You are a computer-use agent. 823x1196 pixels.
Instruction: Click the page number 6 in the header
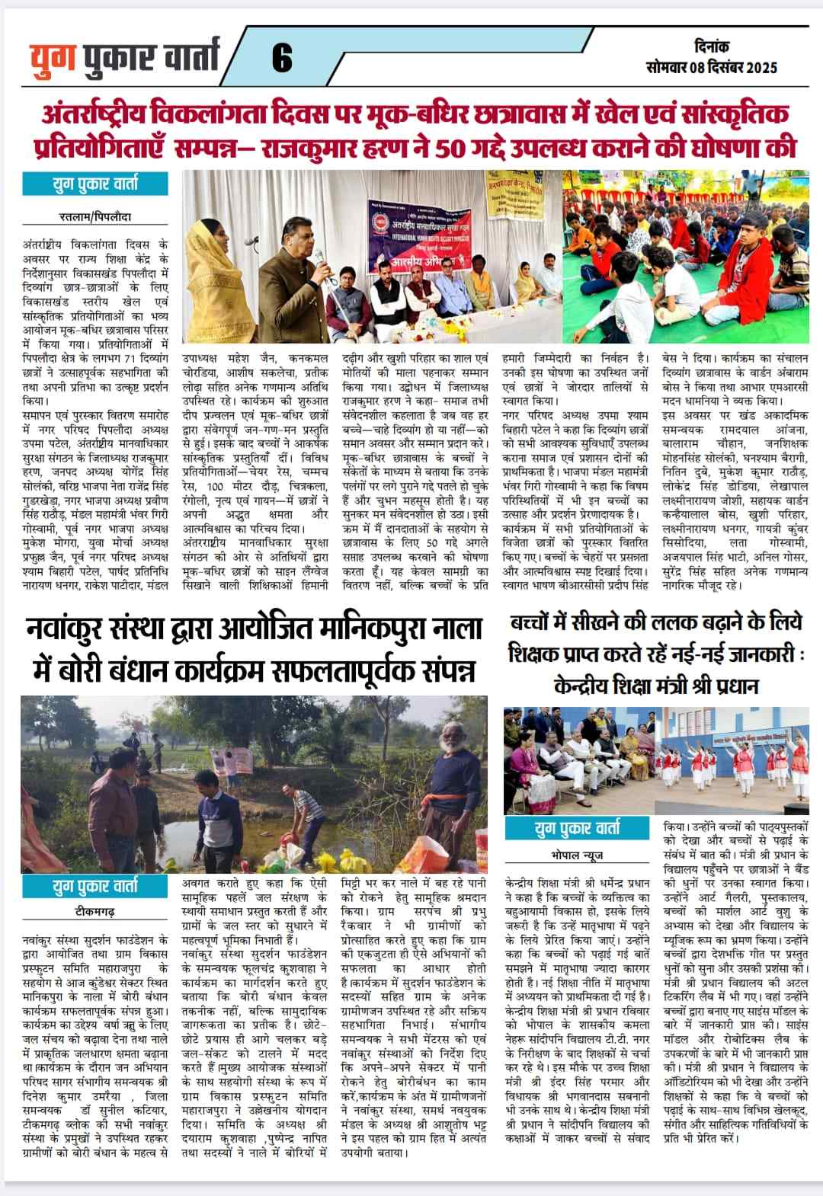[281, 58]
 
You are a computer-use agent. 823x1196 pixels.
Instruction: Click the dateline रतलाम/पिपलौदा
[95, 216]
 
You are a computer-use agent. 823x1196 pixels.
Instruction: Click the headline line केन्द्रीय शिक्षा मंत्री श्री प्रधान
[656, 686]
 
